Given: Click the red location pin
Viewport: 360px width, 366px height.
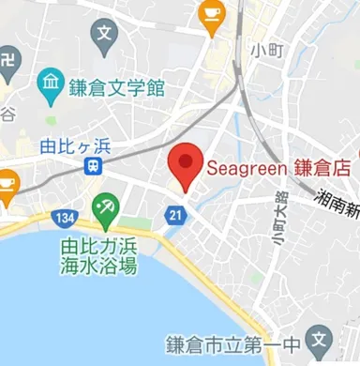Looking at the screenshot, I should point(186,166).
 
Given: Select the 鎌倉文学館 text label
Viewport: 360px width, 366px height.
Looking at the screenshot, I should point(116,89).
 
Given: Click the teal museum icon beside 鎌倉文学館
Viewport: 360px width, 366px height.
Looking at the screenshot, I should point(50,88).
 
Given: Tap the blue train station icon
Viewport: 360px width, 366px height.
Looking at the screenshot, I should point(93,166).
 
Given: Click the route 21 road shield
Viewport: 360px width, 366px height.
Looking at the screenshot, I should point(175,217).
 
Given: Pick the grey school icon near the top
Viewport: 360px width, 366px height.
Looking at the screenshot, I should point(104,38).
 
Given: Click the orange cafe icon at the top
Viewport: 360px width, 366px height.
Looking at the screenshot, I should point(213,14).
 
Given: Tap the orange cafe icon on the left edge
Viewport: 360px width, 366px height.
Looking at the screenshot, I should point(7,185).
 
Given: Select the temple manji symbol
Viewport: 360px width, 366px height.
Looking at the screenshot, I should point(8,61).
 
